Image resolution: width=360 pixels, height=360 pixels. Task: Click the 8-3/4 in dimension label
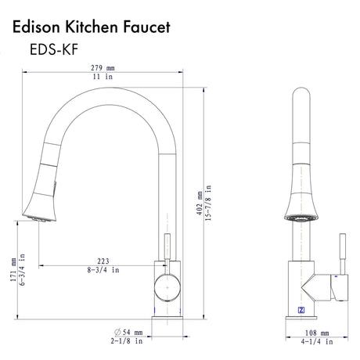[x=102, y=270]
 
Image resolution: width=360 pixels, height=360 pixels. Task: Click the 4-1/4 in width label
[x=319, y=342]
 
